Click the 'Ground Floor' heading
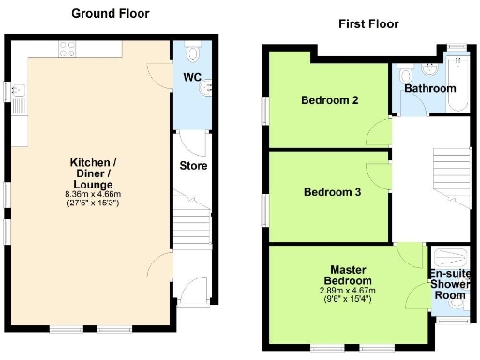point(111,14)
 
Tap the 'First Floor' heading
point(368,23)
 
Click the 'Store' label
point(193,166)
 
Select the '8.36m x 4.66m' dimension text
point(91,194)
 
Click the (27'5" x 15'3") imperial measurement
point(91,202)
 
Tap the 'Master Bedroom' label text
point(347,275)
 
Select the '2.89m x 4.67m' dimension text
point(347,291)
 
